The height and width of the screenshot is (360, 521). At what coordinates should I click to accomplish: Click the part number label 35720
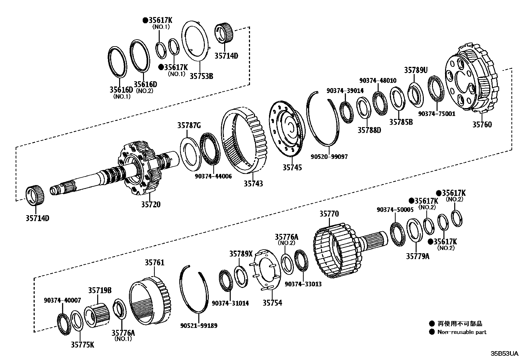click(x=151, y=204)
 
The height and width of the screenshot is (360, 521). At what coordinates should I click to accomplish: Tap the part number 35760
click(x=482, y=124)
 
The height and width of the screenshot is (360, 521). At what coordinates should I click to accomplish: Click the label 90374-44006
click(x=213, y=176)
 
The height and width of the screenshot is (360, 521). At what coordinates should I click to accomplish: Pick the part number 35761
click(x=154, y=263)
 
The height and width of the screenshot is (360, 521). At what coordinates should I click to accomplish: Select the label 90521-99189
click(x=199, y=326)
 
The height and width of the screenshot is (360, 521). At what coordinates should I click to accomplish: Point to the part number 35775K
click(x=82, y=345)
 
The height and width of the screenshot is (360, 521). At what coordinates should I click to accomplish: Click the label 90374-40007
click(x=63, y=300)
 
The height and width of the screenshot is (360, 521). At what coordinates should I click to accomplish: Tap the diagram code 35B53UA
click(x=504, y=354)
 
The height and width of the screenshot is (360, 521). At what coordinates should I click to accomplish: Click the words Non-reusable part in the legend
click(x=462, y=332)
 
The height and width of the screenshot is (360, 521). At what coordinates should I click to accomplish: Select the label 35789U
click(x=416, y=70)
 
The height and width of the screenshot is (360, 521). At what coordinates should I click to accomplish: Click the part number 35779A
click(x=418, y=256)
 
